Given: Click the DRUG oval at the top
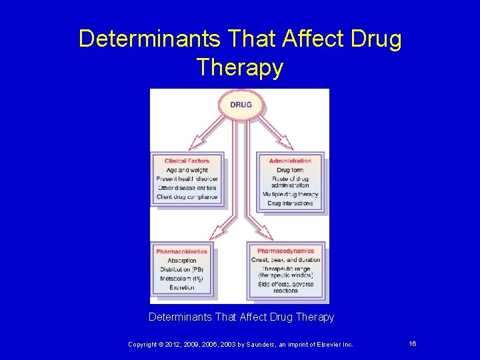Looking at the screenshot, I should pos(241,105).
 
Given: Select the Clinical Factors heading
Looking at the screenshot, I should pos(187,161).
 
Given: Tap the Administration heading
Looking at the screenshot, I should pos(290,161).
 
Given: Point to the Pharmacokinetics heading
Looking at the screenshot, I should pos(182,251).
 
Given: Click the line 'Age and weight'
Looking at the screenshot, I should pos(187,170).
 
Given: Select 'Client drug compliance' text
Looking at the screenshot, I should pos(187,197).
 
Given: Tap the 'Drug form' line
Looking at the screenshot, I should pos(290,170).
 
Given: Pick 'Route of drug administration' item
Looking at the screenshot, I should pos(290,181).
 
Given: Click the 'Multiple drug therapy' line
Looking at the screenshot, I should pos(290,194).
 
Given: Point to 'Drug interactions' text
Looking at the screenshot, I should pos(290,203).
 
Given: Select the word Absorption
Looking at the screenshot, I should pos(182,261).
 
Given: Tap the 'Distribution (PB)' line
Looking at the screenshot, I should pos(182,269).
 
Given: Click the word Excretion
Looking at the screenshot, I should pos(182,287).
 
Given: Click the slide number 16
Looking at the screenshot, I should pos(413,344).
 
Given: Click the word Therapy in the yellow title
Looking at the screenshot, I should pos(240,67).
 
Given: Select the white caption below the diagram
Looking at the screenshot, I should pos(241,317).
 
